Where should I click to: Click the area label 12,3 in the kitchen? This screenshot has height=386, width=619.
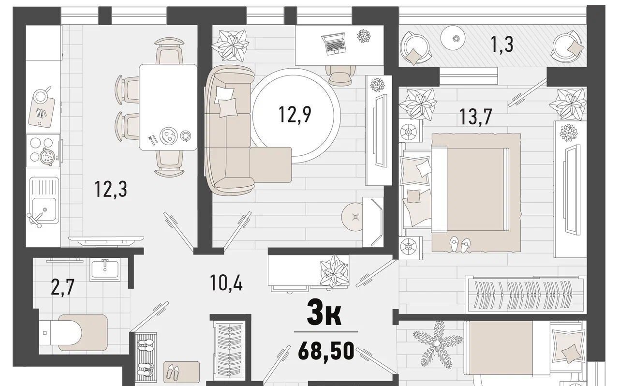click(111, 189)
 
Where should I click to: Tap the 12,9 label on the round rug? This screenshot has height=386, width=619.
click(295, 115)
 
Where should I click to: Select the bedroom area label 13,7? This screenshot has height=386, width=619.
click(475, 117)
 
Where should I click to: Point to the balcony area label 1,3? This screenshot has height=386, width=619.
click(502, 44)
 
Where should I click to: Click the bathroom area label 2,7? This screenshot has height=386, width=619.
click(63, 287)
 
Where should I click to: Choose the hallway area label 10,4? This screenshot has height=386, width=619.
click(226, 282)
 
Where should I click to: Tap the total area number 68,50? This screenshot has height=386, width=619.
click(326, 351)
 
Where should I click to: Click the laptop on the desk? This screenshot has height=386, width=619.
click(334, 44)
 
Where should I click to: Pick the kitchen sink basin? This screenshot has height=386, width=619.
click(44, 209)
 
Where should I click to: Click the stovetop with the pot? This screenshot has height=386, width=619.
click(43, 151)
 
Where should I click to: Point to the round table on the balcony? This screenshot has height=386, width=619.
click(453, 38)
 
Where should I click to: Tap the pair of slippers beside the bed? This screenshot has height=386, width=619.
click(459, 244)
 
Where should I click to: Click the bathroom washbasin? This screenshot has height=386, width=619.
click(105, 269)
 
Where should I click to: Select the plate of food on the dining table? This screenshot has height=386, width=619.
click(168, 135)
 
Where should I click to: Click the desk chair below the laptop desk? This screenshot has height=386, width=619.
click(340, 74)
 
